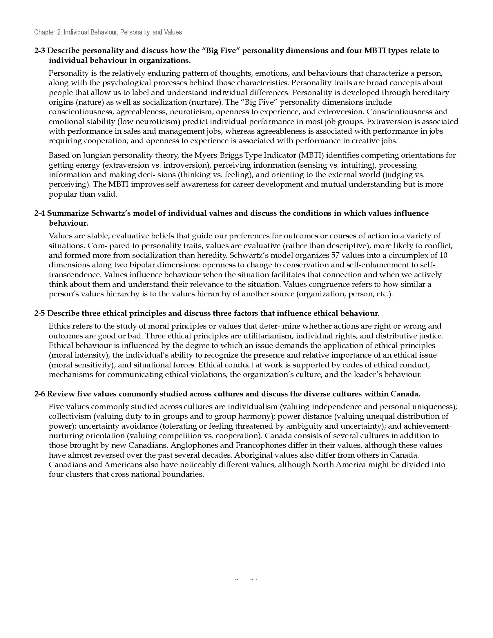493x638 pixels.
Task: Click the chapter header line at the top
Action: coord(108,32)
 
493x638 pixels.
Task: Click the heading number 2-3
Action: coord(40,51)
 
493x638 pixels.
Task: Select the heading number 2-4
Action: coord(40,213)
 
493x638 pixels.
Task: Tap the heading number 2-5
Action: coord(40,314)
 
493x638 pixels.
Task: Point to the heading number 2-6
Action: coord(40,394)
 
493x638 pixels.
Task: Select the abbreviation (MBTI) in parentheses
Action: coord(310,155)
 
